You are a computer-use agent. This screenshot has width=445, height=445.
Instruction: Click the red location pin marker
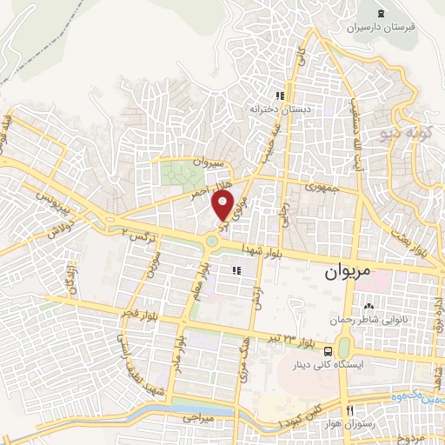[223, 206]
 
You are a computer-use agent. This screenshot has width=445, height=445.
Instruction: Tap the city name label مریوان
[349, 273]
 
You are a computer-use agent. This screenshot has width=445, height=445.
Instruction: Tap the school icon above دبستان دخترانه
[280, 96]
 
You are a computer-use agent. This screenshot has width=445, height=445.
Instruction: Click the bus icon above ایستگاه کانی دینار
[328, 350]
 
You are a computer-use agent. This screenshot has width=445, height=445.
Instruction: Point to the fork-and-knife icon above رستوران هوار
[349, 409]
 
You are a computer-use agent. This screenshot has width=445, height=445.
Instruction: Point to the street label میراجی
[196, 418]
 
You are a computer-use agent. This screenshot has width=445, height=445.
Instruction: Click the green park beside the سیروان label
[179, 174]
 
